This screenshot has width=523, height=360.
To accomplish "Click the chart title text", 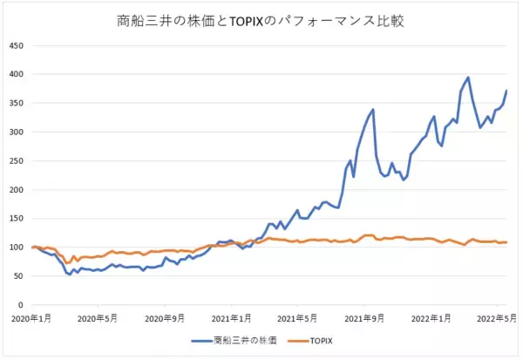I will [261, 19].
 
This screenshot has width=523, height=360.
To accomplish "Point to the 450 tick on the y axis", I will [16, 44].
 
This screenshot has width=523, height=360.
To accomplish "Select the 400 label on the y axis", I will [16, 74].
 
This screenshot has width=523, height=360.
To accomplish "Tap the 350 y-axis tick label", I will [16, 103].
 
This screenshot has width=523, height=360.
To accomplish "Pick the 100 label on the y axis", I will [16, 248].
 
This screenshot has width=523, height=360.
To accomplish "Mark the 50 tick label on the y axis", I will [18, 277].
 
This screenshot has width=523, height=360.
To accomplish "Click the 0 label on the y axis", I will [21, 306].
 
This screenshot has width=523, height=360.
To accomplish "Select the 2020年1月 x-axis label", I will [31, 317].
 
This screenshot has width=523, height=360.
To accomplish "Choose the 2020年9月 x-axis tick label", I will [166, 317].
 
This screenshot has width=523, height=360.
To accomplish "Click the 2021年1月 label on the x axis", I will [233, 317].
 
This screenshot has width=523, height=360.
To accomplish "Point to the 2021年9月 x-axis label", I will [365, 317].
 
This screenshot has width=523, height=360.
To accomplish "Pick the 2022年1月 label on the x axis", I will [433, 317].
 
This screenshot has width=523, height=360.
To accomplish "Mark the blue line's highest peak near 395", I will [468, 78].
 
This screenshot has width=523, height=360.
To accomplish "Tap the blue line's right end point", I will [507, 91].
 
